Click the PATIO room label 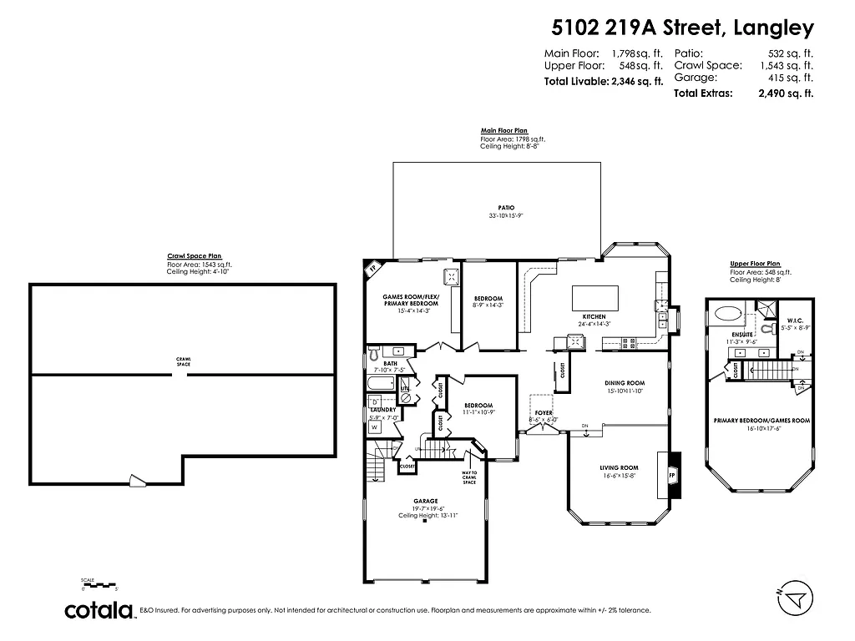coord(506,208)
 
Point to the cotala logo coord(100,610)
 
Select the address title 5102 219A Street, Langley coord(681,28)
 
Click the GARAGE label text coord(424,502)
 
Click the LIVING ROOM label coord(619,468)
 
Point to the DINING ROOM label coord(625,383)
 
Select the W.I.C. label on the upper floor coord(794,319)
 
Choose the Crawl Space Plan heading coord(195,257)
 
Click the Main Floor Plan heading coord(503,131)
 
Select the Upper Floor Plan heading coord(755,264)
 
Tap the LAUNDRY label coord(382,410)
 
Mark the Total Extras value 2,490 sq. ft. coord(785,93)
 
